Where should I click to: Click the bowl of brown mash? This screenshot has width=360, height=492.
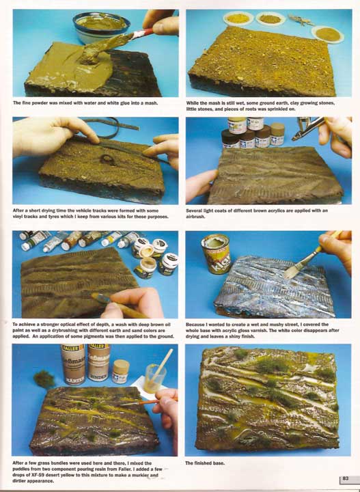[x=101, y=27]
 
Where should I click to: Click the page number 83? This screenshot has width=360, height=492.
[x=345, y=478]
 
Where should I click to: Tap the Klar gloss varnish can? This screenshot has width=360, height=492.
[x=216, y=254]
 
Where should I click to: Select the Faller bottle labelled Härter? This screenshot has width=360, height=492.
[x=73, y=364]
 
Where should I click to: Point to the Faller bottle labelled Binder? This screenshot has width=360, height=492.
[x=99, y=362]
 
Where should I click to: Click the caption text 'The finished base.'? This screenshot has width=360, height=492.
[x=205, y=463]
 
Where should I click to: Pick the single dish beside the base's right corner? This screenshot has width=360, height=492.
[x=328, y=34]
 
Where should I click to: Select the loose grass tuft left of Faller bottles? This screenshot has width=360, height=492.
[x=44, y=379]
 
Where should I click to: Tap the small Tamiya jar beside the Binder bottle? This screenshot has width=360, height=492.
[x=120, y=372]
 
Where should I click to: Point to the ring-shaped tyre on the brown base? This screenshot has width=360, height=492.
[x=107, y=159]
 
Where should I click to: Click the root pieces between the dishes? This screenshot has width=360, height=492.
[x=300, y=20]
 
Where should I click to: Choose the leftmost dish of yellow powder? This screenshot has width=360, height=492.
[x=238, y=18]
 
